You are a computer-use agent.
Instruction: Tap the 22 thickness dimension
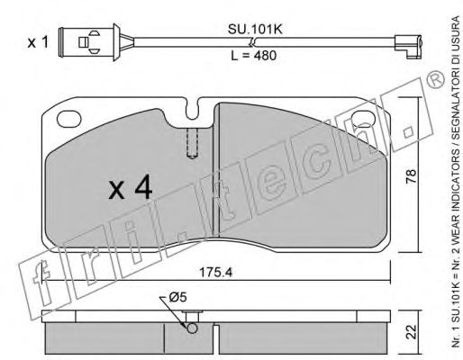point(413,331)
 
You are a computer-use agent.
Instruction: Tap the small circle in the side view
point(191,328)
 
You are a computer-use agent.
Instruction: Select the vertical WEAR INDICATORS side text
point(447,180)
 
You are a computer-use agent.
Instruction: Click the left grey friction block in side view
point(104,337)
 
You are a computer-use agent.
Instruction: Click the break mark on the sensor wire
point(256,41)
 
